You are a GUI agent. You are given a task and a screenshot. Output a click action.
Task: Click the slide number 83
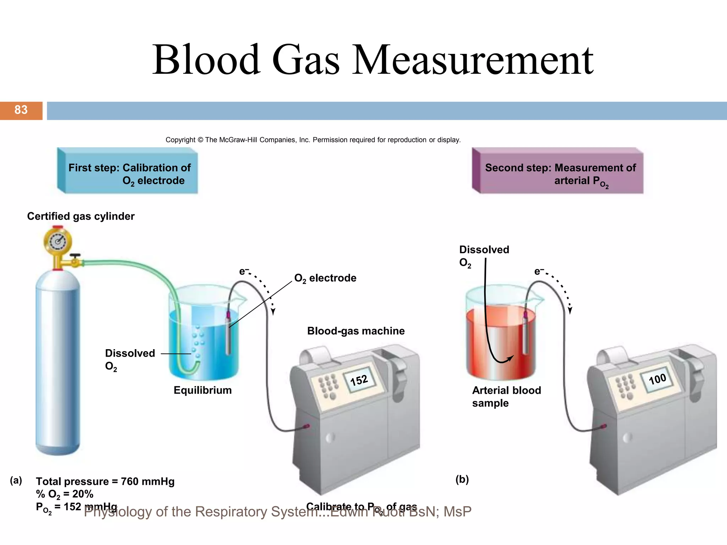(21, 110)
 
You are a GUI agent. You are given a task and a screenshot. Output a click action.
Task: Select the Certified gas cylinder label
(81, 216)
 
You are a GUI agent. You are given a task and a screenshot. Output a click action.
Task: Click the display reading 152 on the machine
(359, 380)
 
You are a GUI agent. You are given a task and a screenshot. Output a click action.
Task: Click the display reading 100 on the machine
(657, 379)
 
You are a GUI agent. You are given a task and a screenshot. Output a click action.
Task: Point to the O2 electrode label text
(325, 278)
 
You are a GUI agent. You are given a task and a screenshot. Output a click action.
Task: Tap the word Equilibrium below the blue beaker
(202, 390)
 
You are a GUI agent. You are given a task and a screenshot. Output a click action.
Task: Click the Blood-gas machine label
(356, 331)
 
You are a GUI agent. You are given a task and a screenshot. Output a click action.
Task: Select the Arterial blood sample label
(506, 397)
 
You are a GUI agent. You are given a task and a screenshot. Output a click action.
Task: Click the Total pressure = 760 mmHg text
(105, 481)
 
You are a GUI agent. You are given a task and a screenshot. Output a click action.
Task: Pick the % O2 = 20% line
(65, 494)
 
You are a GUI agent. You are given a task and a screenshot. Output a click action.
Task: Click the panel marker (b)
(462, 479)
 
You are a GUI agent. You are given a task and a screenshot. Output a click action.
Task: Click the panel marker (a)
(16, 480)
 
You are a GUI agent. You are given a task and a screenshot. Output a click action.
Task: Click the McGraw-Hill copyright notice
(313, 140)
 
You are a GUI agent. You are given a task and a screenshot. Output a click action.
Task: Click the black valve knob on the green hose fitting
(75, 255)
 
